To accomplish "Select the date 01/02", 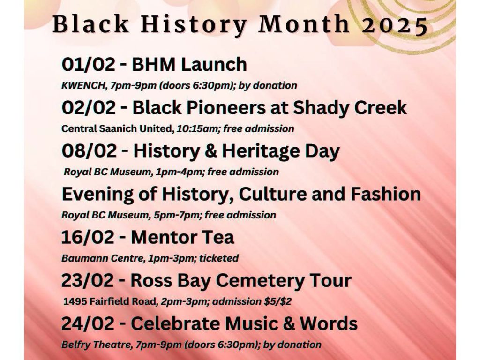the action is click(x=89, y=65).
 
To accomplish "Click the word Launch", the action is click(x=214, y=65).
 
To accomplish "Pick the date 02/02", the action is click(x=89, y=108).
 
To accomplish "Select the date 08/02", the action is click(x=89, y=151).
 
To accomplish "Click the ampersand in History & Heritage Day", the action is click(x=210, y=151).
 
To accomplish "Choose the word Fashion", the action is click(x=386, y=194).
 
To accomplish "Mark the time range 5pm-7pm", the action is click(x=177, y=215).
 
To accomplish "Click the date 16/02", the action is click(x=88, y=237).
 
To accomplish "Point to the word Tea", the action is click(x=217, y=237).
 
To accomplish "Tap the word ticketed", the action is click(x=219, y=258).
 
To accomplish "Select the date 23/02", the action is click(x=88, y=280).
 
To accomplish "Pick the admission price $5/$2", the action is click(x=277, y=302).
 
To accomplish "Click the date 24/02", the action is click(x=88, y=323).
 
